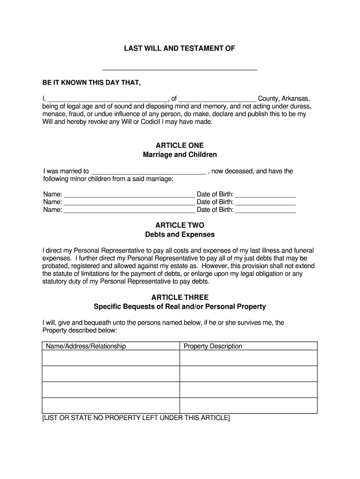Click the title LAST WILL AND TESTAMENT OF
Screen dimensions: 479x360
click(180, 48)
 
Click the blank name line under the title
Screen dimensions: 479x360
click(180, 69)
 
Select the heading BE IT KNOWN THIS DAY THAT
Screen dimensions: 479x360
click(91, 83)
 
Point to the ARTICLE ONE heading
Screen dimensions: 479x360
click(180, 145)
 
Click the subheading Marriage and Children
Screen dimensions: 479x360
click(180, 154)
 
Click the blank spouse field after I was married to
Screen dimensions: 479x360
click(150, 172)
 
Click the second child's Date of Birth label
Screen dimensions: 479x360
click(215, 202)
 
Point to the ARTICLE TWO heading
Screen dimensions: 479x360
click(180, 225)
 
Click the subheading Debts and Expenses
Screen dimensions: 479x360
click(180, 234)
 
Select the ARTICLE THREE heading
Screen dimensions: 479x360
click(180, 298)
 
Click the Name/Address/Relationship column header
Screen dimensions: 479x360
click(85, 346)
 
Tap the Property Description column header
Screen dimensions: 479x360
click(213, 346)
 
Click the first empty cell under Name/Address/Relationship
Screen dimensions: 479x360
click(111, 358)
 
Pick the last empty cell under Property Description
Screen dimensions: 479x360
click(248, 406)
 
